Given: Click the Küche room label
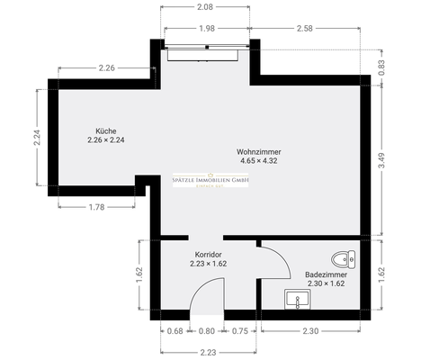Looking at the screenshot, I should (104, 130).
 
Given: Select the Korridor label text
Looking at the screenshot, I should (209, 255).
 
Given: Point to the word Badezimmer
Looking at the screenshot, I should (324, 274).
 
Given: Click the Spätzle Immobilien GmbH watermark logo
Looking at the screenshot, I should (210, 183).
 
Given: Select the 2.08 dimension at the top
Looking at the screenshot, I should (204, 7).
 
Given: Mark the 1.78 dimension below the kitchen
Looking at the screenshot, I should (96, 208).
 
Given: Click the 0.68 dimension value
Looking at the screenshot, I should (176, 330).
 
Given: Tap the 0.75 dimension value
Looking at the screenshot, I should (239, 330).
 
